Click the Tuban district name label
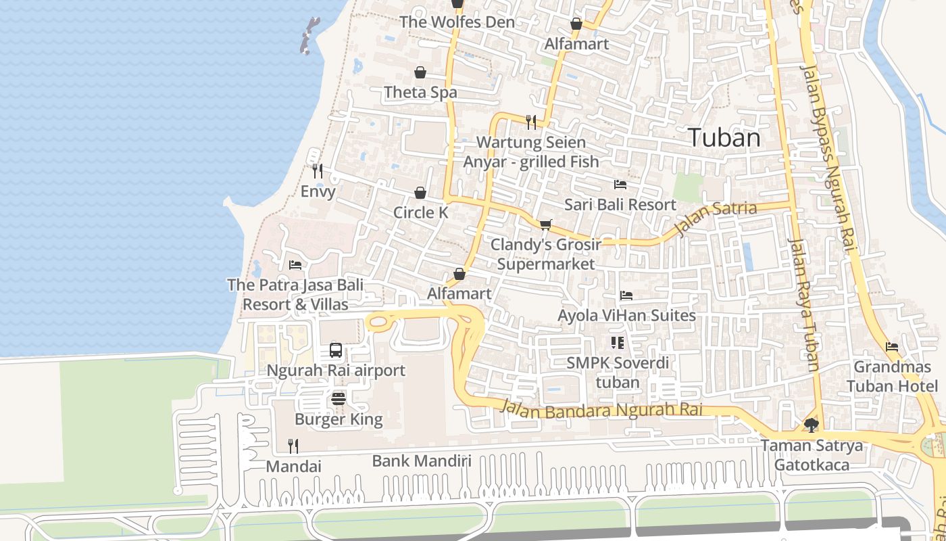(x=724, y=137)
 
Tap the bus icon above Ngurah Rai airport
(x=336, y=350)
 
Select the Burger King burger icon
(x=339, y=398)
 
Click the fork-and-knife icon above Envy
(x=318, y=170)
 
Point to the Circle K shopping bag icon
(x=420, y=193)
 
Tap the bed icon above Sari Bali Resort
(x=620, y=184)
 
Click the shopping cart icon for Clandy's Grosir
(x=546, y=224)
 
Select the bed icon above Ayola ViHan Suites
(x=626, y=296)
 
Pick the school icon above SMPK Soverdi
(x=617, y=343)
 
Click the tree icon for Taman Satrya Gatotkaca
(x=812, y=425)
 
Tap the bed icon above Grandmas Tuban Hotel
(x=892, y=347)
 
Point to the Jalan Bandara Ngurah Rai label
(x=601, y=409)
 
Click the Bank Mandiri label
(x=422, y=461)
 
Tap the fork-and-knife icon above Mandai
(x=293, y=446)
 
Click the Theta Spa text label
(x=420, y=92)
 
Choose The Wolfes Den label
(x=457, y=22)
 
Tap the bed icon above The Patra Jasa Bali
(x=295, y=264)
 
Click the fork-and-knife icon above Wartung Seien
(x=531, y=122)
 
